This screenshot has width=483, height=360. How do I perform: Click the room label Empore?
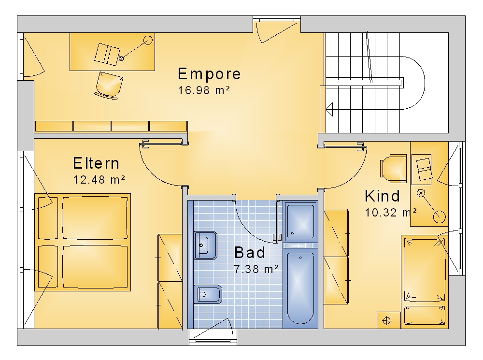pyautogui.click(x=209, y=74)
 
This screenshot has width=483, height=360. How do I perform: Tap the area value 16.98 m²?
pyautogui.click(x=204, y=90)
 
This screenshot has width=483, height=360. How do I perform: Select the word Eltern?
pyautogui.click(x=96, y=163)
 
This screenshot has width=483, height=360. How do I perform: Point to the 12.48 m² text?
pyautogui.click(x=99, y=179)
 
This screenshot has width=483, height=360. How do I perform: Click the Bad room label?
pyautogui.click(x=250, y=252)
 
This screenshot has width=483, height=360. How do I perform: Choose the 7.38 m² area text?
pyautogui.click(x=256, y=269)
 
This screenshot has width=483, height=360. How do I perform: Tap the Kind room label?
pyautogui.click(x=382, y=196)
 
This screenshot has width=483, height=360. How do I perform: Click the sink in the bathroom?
pyautogui.click(x=205, y=245)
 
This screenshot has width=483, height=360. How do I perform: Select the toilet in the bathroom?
pyautogui.click(x=208, y=294)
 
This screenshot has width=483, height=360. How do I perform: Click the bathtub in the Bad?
pyautogui.click(x=300, y=288)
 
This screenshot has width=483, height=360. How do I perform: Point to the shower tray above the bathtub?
pyautogui.click(x=300, y=221)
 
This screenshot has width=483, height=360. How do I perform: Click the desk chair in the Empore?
pyautogui.click(x=109, y=86)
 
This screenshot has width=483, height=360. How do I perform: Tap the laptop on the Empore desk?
pyautogui.click(x=107, y=54)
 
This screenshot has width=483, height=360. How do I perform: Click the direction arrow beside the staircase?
pyautogui.click(x=329, y=109)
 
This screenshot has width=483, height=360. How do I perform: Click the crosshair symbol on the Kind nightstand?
pyautogui.click(x=387, y=321)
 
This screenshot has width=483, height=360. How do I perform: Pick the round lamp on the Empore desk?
pyautogui.click(x=148, y=40)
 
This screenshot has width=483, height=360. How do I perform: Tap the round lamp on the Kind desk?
pyautogui.click(x=439, y=217)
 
